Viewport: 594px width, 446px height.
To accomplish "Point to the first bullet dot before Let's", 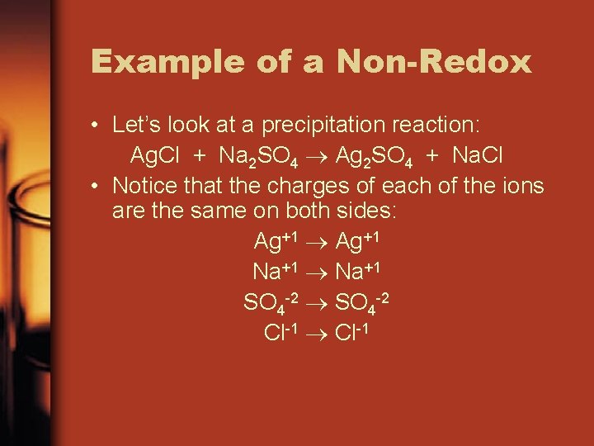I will click(x=97, y=126).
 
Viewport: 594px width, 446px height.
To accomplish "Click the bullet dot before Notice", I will click(x=97, y=185).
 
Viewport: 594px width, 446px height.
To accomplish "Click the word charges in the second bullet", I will click(x=309, y=185).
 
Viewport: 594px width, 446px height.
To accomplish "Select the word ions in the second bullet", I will click(x=521, y=185).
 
